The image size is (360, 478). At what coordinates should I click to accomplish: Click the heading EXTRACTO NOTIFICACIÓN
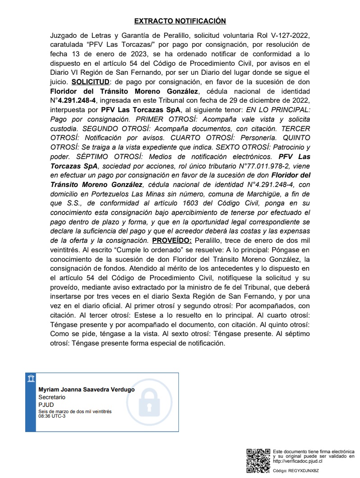[x=180, y=21]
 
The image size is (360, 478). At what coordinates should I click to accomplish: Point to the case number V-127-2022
[x=289, y=35]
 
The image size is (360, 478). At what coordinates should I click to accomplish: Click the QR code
[x=258, y=460]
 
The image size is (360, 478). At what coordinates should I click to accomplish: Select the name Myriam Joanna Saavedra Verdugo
[x=86, y=390]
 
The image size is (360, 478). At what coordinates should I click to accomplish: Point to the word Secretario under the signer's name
[x=52, y=397]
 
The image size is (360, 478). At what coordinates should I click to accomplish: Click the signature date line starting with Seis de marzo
[x=75, y=411]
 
